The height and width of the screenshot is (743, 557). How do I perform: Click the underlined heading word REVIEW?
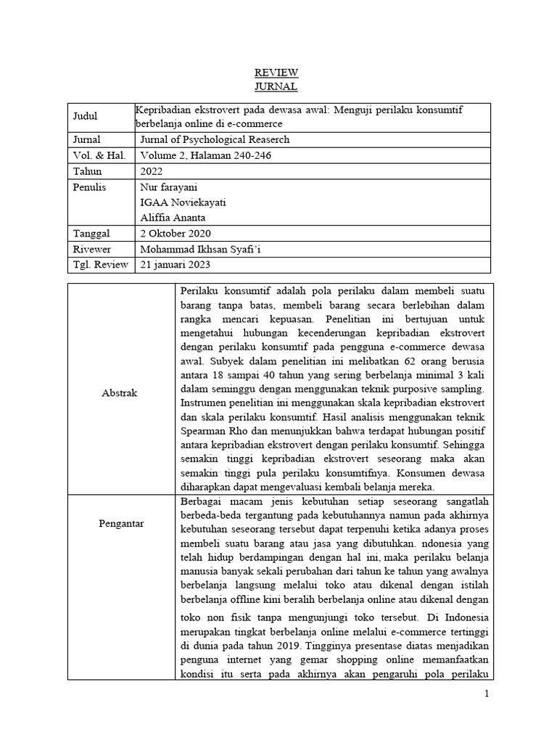pos(276,73)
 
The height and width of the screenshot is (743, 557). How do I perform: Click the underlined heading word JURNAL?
pos(276,86)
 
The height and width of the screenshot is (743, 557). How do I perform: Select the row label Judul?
pos(85,116)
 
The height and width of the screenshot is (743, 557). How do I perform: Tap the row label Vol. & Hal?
pos(99,155)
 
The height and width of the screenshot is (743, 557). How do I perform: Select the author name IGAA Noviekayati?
pos(183,202)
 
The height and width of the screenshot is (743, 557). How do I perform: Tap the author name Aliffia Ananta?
pos(174,218)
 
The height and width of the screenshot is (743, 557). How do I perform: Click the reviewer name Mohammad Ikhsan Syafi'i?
pos(202,249)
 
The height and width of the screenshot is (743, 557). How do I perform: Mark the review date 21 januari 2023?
pos(178,264)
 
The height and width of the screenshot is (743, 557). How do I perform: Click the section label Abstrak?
pos(120,393)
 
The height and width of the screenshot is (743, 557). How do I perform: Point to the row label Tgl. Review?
pos(100,264)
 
